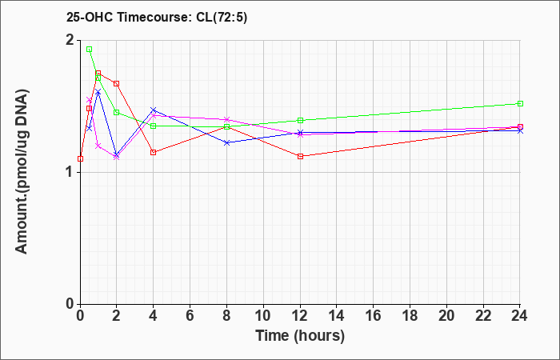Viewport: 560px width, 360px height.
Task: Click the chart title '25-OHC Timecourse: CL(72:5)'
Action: coord(157,18)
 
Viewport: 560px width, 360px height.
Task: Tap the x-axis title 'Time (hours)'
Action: coord(300,336)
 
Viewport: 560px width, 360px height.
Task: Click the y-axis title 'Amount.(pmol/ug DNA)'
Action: coord(22,172)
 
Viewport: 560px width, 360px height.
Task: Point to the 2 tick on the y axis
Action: coord(70,40)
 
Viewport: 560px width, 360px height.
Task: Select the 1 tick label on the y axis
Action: coord(70,173)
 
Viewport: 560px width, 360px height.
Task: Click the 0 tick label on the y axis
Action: coord(70,304)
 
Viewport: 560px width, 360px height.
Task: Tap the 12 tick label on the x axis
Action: coord(300,316)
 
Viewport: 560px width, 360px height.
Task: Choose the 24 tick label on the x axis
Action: coord(519,316)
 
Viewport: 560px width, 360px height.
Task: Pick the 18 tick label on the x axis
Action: coord(410,316)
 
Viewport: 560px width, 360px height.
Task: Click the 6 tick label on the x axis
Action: coord(190,316)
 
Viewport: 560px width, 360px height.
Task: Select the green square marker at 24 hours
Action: coord(520,103)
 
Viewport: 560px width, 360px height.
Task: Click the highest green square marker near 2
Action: coord(90,50)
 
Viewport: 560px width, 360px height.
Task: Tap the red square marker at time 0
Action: coord(80,158)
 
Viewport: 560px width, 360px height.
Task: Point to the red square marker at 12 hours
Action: coord(300,156)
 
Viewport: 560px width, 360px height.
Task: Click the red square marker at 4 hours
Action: coord(154,153)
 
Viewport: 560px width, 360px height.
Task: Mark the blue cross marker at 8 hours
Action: coord(226,142)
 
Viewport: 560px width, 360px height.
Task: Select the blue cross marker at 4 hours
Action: coord(154,110)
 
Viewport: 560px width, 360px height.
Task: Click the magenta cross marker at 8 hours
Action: coord(226,119)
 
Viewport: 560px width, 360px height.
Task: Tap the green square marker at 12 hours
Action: coord(300,120)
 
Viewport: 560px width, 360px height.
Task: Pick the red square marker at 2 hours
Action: coord(116,83)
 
